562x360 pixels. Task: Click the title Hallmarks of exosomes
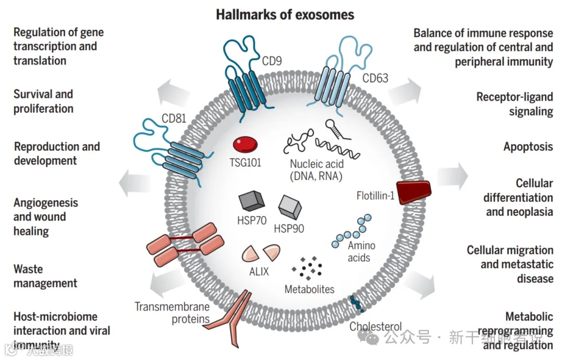[x=285, y=14]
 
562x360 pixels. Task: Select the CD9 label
[x=272, y=61]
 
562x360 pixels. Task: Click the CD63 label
[x=375, y=78]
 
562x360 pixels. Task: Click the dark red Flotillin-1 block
[x=414, y=191]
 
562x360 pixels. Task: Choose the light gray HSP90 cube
[x=290, y=207]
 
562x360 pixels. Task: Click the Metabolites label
[x=309, y=289]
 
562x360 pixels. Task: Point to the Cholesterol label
[x=375, y=326]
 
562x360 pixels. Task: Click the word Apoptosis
[x=528, y=146]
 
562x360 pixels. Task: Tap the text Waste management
[x=45, y=276]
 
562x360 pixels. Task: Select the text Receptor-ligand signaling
[x=515, y=104]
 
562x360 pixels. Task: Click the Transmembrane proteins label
[x=172, y=312]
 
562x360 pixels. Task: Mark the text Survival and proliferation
[x=43, y=101]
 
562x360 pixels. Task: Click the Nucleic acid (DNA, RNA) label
[x=316, y=170]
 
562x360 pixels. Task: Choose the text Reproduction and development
[x=57, y=153]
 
